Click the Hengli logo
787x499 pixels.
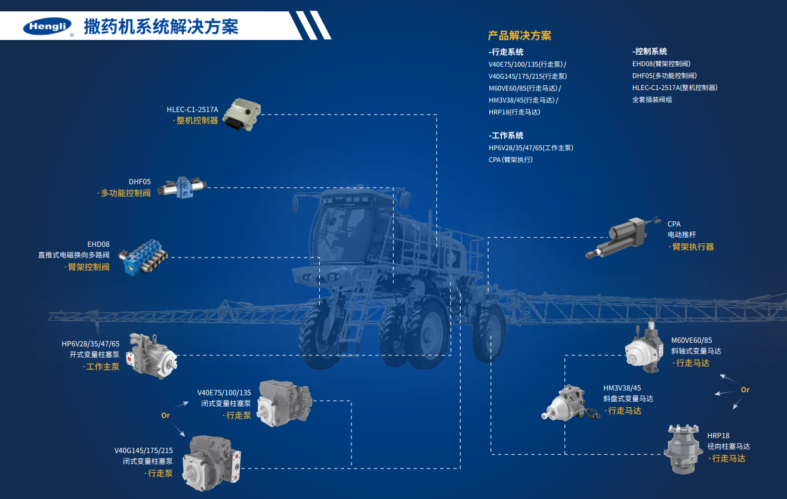point(48,26)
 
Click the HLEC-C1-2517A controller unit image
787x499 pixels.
point(242,114)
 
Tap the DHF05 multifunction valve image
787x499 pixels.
point(183,187)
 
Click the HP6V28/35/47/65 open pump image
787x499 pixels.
point(152,356)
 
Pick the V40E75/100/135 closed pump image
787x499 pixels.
point(284,403)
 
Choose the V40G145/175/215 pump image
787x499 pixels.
point(211,463)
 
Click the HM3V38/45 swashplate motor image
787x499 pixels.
point(570,403)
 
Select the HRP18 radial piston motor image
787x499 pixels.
point(683,449)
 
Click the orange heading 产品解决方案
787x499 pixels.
point(520,35)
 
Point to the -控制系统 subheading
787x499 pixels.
point(650,51)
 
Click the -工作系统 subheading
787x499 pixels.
point(506,135)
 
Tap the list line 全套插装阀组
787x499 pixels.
point(652,100)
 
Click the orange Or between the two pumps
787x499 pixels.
point(165,416)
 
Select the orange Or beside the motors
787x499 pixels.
point(745,390)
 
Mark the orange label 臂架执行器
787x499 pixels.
point(692,247)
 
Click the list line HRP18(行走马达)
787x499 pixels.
point(514,112)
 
